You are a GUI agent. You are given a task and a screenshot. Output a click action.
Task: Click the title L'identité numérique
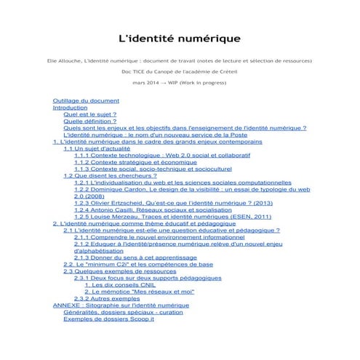click(180, 37)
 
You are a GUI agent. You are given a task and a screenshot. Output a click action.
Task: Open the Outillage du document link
click(86, 100)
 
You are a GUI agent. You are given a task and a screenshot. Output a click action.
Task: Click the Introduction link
click(71, 107)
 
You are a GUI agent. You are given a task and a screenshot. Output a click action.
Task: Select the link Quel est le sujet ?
click(90, 114)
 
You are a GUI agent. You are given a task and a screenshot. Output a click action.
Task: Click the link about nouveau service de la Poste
click(156, 135)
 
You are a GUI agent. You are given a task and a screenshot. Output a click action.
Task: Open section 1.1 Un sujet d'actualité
click(99, 148)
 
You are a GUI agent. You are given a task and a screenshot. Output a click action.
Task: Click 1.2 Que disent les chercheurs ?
click(110, 175)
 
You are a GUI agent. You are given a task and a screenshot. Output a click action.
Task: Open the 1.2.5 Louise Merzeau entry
click(172, 217)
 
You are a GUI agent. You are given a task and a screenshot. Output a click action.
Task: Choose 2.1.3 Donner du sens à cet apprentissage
click(136, 257)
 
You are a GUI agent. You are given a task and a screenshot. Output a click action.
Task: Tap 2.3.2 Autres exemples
click(107, 298)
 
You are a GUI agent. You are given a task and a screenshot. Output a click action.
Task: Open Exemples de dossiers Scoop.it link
click(109, 319)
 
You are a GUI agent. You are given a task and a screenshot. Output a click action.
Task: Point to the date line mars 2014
click(180, 83)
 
